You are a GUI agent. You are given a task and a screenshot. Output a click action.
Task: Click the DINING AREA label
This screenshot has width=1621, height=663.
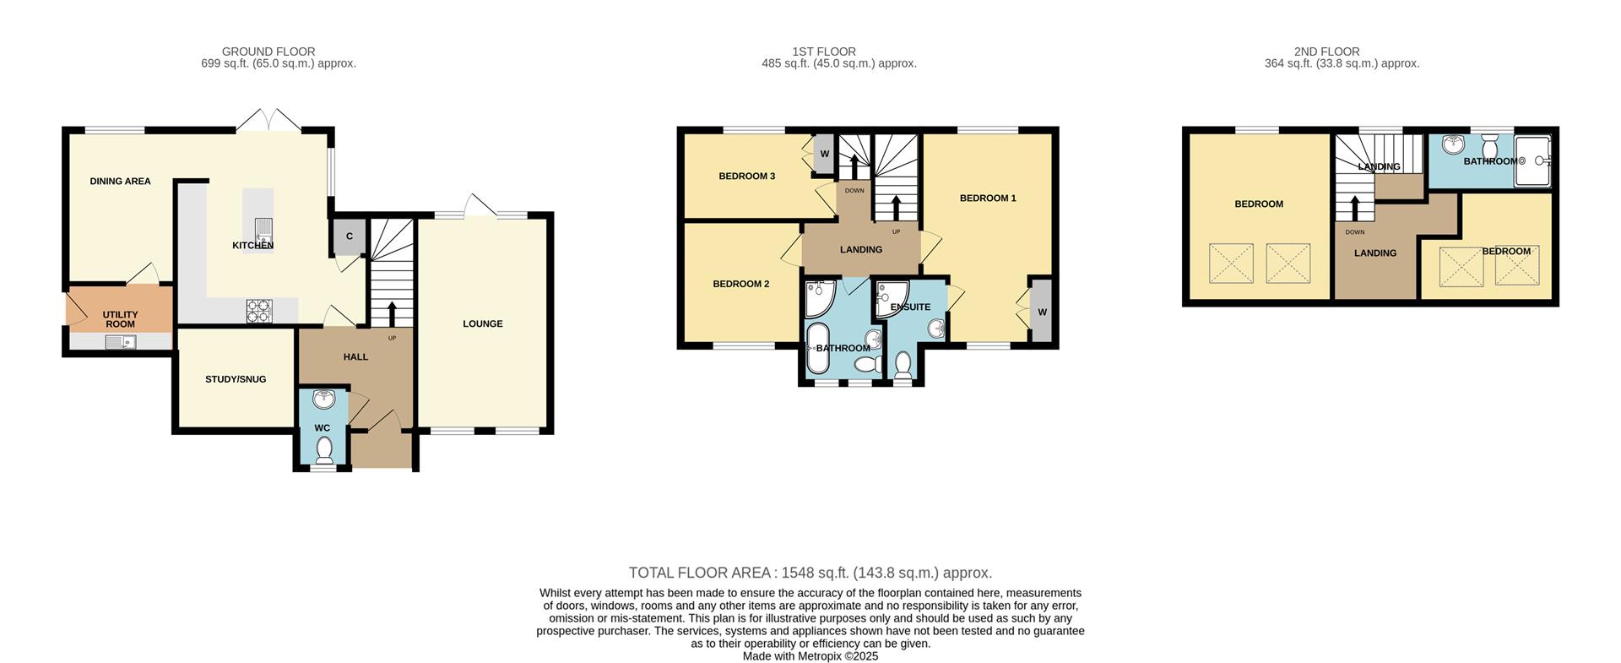120,181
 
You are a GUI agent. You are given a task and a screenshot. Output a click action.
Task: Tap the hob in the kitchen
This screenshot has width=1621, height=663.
259,312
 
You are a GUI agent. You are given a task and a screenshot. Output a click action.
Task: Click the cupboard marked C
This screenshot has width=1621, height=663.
349,237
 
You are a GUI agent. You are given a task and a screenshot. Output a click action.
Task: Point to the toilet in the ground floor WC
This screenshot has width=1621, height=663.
323,452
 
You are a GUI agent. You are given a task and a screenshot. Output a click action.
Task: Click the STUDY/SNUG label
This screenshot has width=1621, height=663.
236,379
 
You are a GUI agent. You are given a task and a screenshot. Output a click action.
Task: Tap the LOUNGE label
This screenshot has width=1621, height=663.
482,323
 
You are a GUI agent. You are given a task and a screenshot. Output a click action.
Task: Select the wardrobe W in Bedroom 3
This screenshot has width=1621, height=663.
824,155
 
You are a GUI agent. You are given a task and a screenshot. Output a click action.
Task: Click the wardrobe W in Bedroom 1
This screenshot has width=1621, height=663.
1041,312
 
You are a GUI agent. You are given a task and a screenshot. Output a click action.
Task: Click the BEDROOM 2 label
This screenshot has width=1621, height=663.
740,284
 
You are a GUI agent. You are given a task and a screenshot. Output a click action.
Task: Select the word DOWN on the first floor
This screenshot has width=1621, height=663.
854,190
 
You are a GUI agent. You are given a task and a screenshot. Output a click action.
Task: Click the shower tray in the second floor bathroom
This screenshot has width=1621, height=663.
1532,160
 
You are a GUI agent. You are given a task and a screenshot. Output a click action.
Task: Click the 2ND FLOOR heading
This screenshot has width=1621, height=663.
1326,52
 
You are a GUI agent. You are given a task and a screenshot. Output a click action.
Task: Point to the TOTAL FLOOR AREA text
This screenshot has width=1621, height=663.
810,573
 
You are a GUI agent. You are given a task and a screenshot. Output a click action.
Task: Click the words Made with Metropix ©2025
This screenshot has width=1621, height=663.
810,655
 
